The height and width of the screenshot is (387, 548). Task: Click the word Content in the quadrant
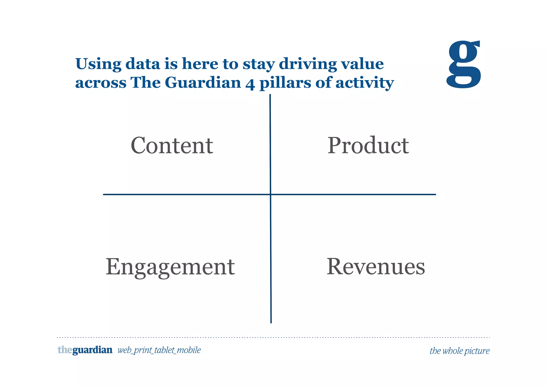tap(172, 145)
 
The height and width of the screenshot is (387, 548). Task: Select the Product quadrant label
tap(368, 145)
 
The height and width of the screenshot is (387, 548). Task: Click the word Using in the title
tap(98, 64)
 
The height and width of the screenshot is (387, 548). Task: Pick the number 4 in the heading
tap(250, 83)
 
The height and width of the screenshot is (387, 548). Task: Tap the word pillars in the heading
tap(285, 83)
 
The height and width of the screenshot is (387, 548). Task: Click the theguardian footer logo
tap(85, 350)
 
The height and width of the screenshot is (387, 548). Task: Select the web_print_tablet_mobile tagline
tap(159, 350)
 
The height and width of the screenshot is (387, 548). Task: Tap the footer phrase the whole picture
tap(459, 351)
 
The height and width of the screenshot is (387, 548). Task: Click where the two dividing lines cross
tap(271, 194)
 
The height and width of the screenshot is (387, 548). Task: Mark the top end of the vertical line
tap(270, 95)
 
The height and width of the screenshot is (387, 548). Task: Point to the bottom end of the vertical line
tap(271, 322)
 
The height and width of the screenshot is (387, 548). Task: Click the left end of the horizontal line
tap(104, 194)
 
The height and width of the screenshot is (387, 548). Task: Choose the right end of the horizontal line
tap(435, 194)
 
